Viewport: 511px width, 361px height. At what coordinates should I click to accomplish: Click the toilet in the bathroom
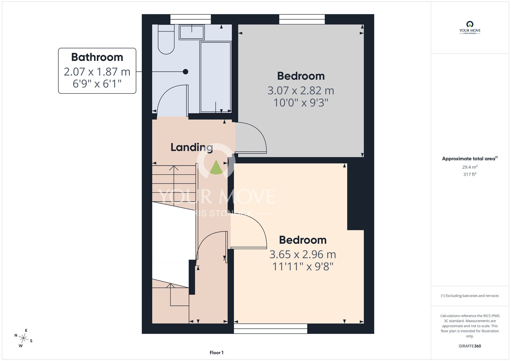(166, 39)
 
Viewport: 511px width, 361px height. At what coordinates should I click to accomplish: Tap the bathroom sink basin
(192, 32)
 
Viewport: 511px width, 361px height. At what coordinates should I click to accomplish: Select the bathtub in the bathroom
(216, 77)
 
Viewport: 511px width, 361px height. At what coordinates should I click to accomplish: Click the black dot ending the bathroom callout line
(185, 72)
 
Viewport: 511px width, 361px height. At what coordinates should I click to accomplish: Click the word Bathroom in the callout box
(97, 57)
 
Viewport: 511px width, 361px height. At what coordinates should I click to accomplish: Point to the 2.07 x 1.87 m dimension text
(97, 72)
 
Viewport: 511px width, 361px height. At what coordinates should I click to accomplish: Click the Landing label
(192, 147)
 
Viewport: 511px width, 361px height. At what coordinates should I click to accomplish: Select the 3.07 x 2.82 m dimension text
(301, 91)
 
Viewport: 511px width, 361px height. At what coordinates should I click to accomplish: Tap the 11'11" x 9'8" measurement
(303, 267)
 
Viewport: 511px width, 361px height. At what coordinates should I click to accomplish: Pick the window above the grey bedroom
(302, 19)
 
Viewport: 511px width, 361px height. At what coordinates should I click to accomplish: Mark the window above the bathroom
(191, 19)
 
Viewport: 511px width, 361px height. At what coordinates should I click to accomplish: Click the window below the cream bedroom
(271, 329)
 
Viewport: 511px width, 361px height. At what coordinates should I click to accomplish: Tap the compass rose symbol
(24, 339)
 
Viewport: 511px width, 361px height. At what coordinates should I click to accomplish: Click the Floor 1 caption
(216, 353)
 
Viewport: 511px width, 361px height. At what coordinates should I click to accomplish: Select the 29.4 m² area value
(470, 167)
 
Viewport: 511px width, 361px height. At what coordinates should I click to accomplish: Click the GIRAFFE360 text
(470, 346)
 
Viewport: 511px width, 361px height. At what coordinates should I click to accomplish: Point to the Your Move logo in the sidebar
(470, 28)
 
